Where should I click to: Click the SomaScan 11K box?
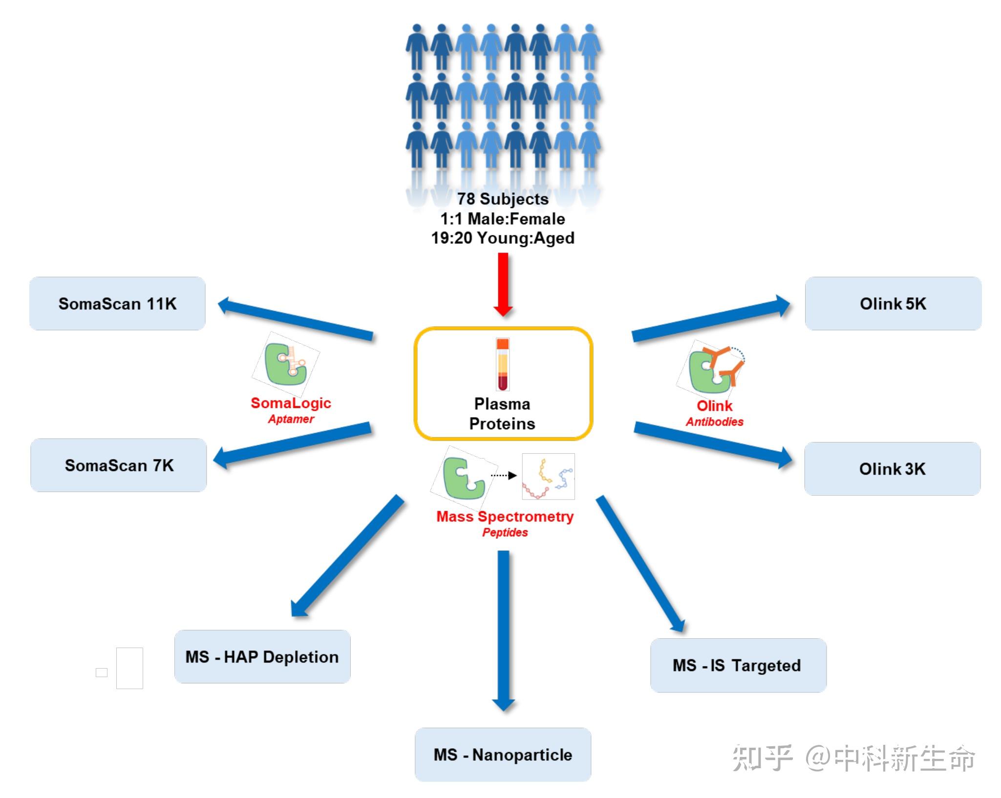click(x=117, y=303)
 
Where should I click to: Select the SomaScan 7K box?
click(x=119, y=465)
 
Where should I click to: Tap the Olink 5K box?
click(x=893, y=303)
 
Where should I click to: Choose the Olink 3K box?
click(x=892, y=469)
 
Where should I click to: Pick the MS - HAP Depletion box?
click(x=262, y=657)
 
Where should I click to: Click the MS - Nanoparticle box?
click(x=503, y=755)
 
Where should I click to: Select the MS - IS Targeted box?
click(x=738, y=665)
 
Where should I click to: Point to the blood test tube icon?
click(x=503, y=364)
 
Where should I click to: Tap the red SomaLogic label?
click(x=291, y=403)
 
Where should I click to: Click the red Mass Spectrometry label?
click(x=505, y=516)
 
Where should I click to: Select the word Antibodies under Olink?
click(x=714, y=422)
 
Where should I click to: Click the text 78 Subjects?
click(x=503, y=199)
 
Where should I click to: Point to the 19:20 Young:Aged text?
click(x=503, y=238)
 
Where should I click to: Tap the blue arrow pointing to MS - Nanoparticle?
click(x=503, y=630)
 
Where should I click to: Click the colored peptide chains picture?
click(x=548, y=477)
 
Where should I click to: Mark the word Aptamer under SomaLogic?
click(x=291, y=419)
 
